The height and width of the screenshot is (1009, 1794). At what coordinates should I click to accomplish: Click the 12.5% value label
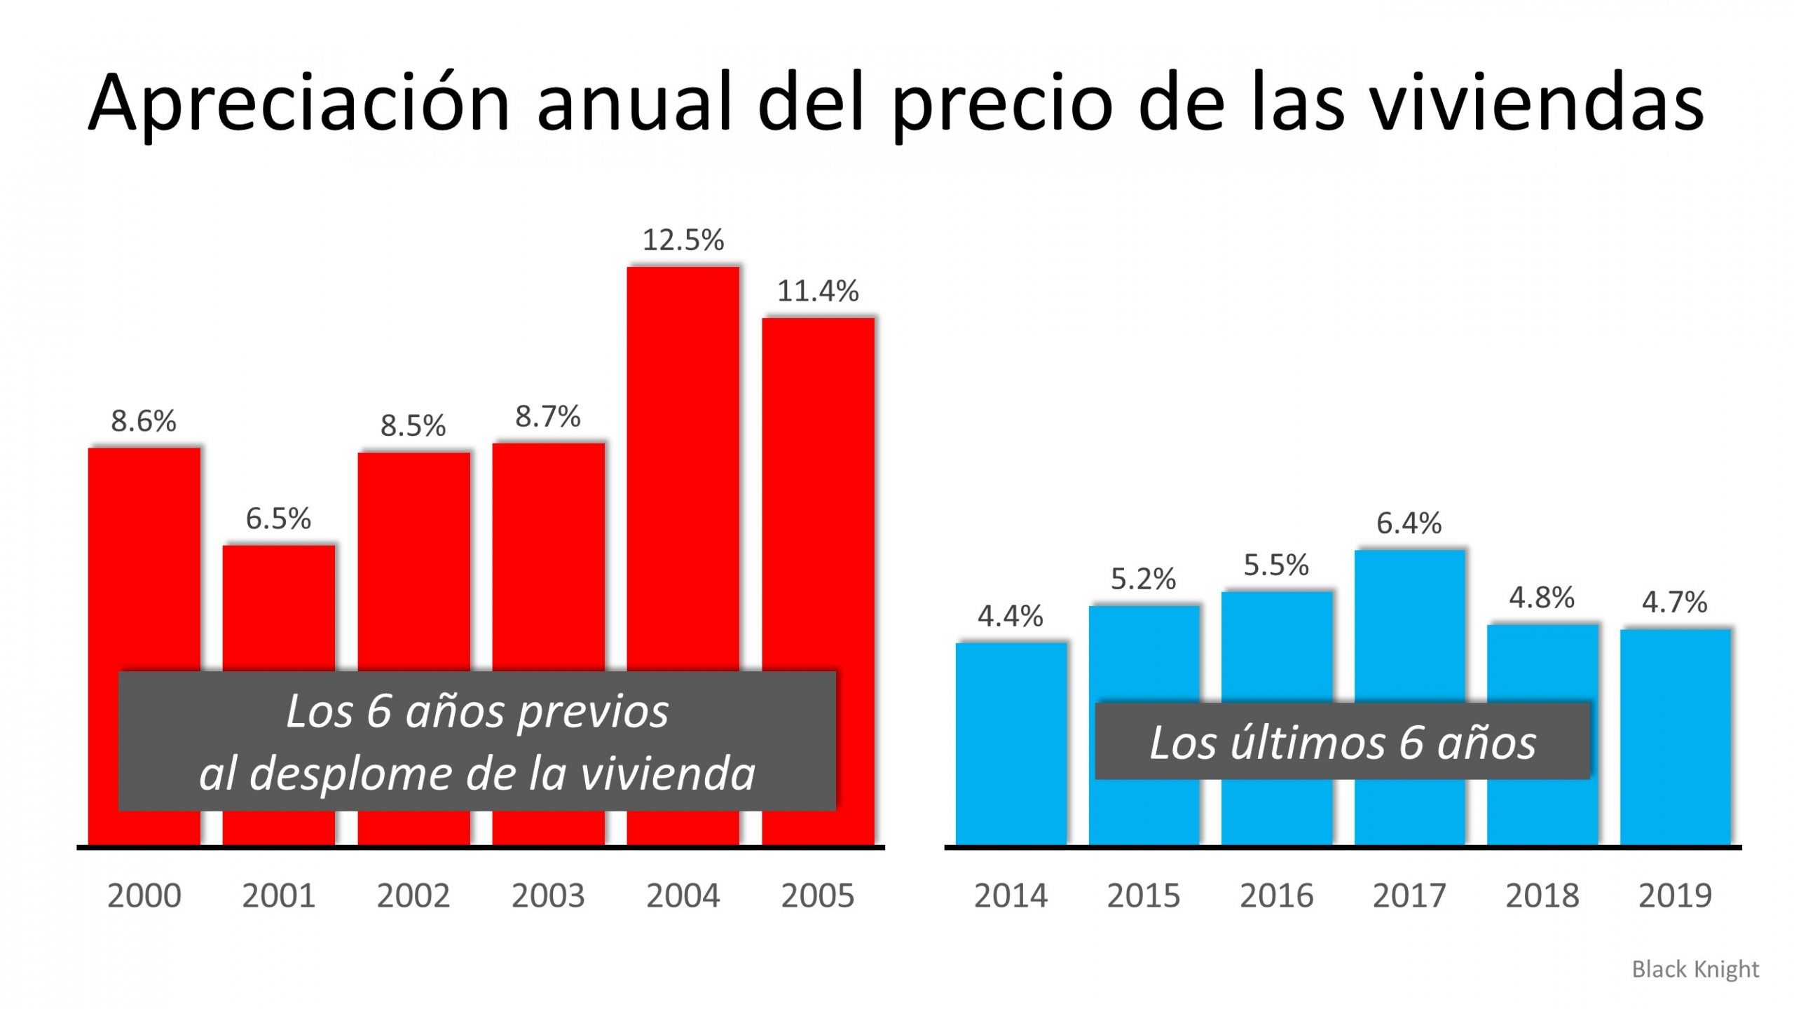pyautogui.click(x=683, y=240)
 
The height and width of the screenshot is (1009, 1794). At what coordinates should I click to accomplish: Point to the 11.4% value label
pyautogui.click(x=817, y=291)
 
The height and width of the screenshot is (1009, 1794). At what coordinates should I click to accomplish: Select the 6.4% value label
pyautogui.click(x=1409, y=523)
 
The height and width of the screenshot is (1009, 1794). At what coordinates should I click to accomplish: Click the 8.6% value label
pyautogui.click(x=144, y=421)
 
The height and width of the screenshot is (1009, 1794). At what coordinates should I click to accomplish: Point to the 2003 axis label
pyautogui.click(x=547, y=895)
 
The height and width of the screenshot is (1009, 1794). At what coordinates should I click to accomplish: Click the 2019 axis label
pyautogui.click(x=1674, y=895)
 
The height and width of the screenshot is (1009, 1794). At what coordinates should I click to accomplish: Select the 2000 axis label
pyautogui.click(x=144, y=895)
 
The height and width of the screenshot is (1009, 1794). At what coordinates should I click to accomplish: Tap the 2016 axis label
pyautogui.click(x=1276, y=895)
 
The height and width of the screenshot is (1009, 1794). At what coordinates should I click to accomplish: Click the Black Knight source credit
pyautogui.click(x=1694, y=969)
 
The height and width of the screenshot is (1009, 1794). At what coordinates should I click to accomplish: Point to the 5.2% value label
pyautogui.click(x=1143, y=579)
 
